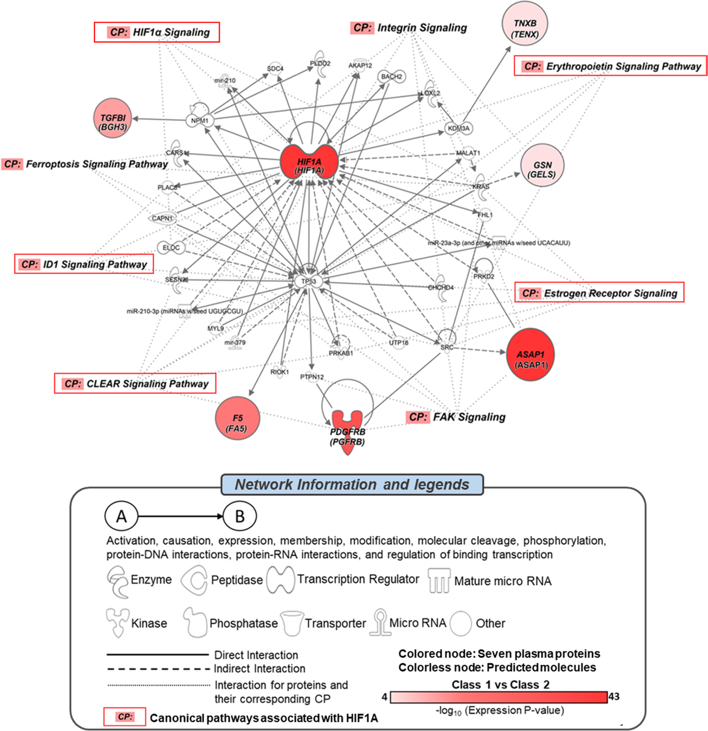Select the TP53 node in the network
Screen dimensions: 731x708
coord(309,281)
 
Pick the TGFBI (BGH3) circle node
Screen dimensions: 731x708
coord(112,118)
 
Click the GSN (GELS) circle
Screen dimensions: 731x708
coord(542,165)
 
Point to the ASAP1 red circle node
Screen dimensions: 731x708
coord(530,355)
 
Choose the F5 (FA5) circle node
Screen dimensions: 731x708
coord(237,418)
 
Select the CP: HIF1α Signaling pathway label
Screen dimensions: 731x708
coord(157,32)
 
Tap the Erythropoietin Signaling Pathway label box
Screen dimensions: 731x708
coord(610,66)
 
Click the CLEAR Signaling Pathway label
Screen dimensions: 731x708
coord(135,383)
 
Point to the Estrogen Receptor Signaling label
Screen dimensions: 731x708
coord(599,293)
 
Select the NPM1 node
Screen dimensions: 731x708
coord(200,120)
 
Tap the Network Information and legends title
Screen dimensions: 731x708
coord(352,484)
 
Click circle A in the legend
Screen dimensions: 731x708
coord(121,516)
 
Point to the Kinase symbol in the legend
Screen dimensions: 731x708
coord(118,622)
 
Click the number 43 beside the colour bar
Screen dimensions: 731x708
coord(614,696)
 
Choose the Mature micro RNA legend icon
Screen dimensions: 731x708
coord(439,580)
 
